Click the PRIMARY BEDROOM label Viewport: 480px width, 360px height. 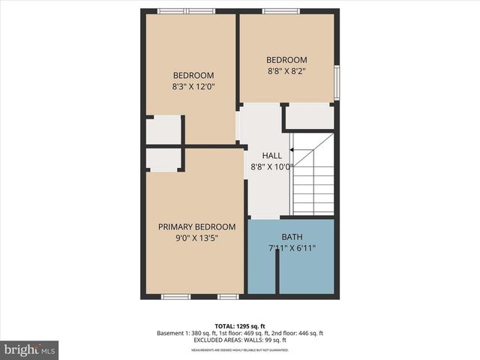(x=196, y=226)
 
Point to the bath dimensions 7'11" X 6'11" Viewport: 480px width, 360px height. (x=291, y=248)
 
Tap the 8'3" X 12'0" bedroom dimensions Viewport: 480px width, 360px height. (x=193, y=87)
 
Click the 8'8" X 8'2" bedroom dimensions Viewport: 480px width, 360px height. (x=286, y=72)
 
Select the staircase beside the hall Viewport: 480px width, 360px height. (x=313, y=180)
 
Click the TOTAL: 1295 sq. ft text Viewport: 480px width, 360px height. (x=240, y=326)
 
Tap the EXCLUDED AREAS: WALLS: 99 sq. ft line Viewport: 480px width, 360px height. (x=240, y=340)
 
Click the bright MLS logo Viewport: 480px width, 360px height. (x=30, y=349)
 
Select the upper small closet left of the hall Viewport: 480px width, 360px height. (x=163, y=130)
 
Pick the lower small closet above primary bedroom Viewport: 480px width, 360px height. (x=163, y=159)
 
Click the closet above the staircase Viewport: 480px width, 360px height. (x=310, y=116)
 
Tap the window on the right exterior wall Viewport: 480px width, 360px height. (x=337, y=82)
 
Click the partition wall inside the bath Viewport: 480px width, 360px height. (x=277, y=271)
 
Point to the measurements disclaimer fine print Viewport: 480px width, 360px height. (x=240, y=350)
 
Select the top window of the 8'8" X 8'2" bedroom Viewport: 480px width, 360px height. (x=281, y=11)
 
